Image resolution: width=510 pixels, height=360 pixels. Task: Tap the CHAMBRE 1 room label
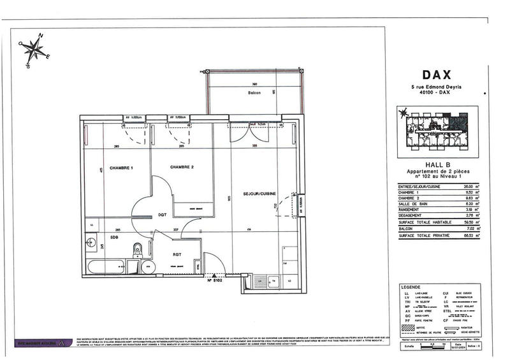pyautogui.click(x=121, y=168)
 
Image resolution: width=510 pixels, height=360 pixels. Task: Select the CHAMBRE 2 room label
pyautogui.click(x=182, y=167)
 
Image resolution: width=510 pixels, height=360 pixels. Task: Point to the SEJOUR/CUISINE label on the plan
pyautogui.click(x=259, y=193)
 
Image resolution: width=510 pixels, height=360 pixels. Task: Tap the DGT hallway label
pyautogui.click(x=162, y=215)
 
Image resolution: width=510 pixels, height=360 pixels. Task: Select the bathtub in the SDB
pyautogui.click(x=108, y=266)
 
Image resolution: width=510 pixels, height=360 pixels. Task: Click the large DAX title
pyautogui.click(x=436, y=75)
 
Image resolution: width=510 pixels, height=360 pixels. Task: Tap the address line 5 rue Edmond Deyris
pyautogui.click(x=437, y=87)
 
